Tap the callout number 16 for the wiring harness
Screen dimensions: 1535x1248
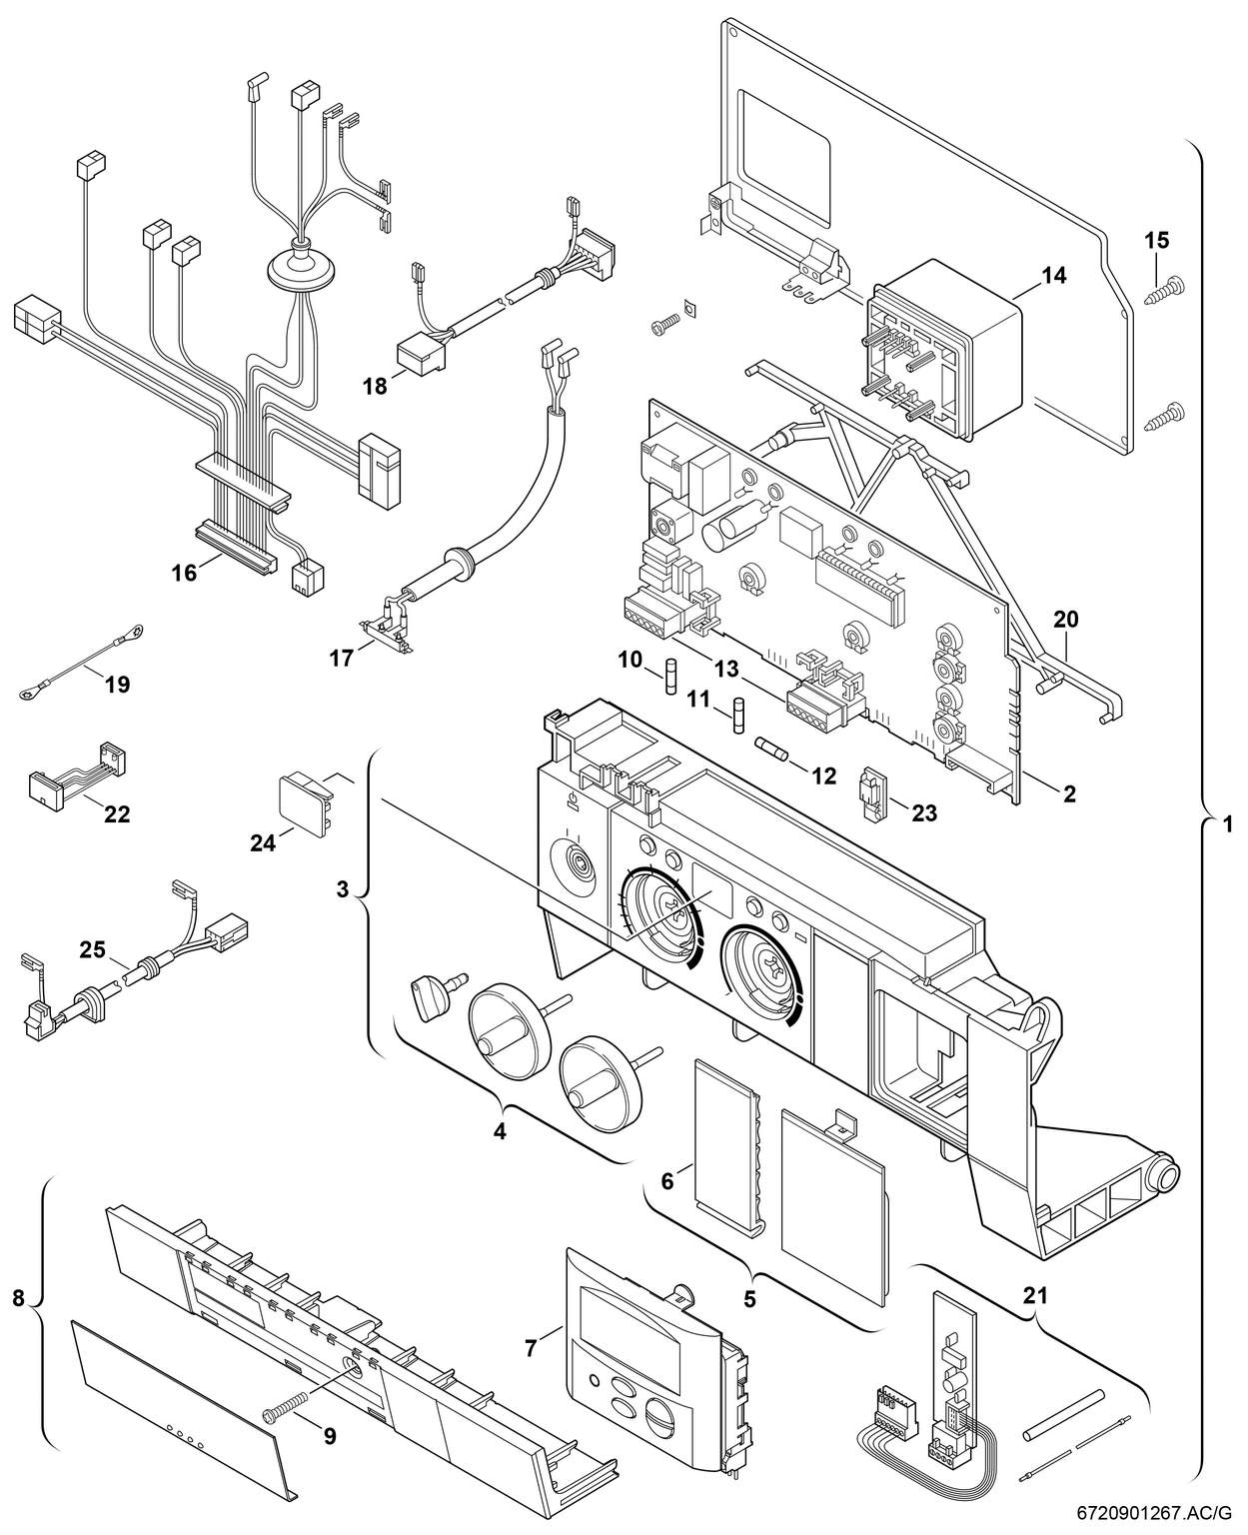pyautogui.click(x=184, y=572)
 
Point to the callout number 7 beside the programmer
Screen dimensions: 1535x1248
pyautogui.click(x=532, y=1347)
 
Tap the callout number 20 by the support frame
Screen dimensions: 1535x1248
pyautogui.click(x=1066, y=620)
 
